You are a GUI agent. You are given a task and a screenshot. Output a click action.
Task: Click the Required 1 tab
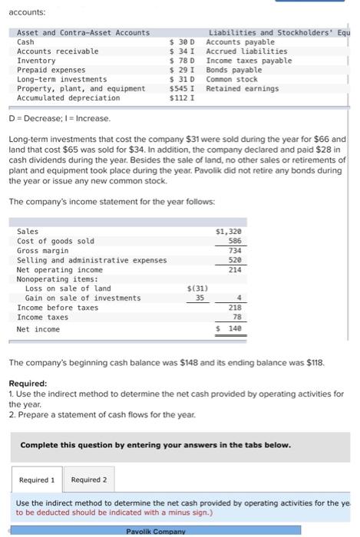[37, 480]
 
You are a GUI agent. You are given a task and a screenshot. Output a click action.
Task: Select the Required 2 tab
[89, 480]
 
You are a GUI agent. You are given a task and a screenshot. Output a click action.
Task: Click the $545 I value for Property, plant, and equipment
[182, 88]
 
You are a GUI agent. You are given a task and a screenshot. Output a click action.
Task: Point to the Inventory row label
[36, 61]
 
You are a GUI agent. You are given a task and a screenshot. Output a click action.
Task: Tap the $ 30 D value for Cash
[182, 42]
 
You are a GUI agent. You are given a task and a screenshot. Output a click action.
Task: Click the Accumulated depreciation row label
[68, 97]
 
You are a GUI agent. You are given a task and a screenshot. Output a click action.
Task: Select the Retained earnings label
[243, 88]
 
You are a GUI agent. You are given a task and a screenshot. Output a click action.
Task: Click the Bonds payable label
[234, 70]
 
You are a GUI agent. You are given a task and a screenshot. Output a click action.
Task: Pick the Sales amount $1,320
[229, 231]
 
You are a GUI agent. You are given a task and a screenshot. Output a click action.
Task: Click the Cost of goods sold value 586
[234, 241]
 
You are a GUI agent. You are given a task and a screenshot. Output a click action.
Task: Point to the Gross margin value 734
[234, 251]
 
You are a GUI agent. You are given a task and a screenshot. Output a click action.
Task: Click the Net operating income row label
[59, 270]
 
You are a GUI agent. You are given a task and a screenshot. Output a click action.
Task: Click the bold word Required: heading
[27, 383]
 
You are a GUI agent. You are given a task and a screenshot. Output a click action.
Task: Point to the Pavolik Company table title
[156, 531]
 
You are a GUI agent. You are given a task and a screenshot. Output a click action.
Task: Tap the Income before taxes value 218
[234, 308]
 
